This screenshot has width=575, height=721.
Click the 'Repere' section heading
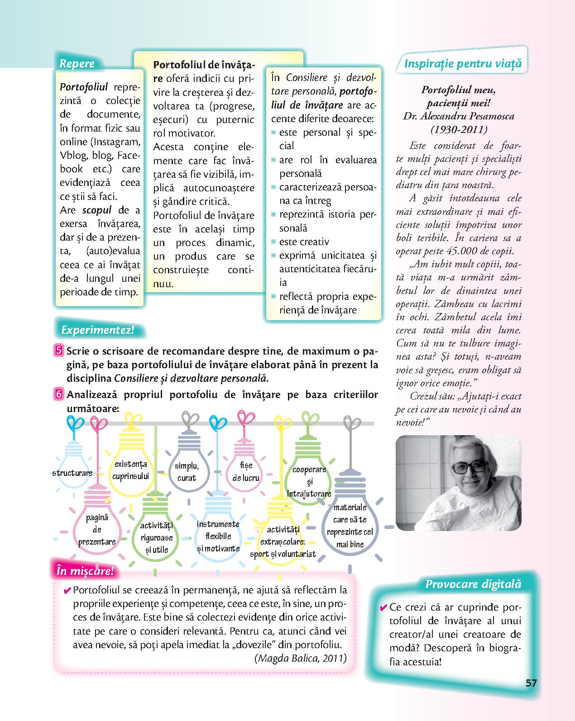(77, 63)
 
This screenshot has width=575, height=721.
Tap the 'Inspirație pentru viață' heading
(462, 63)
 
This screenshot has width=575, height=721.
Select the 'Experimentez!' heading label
(98, 330)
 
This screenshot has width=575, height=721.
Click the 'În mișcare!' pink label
(85, 571)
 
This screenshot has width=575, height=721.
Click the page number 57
(531, 683)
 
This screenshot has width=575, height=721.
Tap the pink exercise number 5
(59, 351)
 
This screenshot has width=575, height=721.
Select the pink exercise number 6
(59, 394)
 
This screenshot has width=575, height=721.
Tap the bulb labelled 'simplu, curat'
(187, 470)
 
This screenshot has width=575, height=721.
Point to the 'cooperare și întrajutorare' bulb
(309, 479)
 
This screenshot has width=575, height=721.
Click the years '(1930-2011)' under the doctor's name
(459, 129)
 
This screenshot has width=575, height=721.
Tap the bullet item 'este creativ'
(304, 242)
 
